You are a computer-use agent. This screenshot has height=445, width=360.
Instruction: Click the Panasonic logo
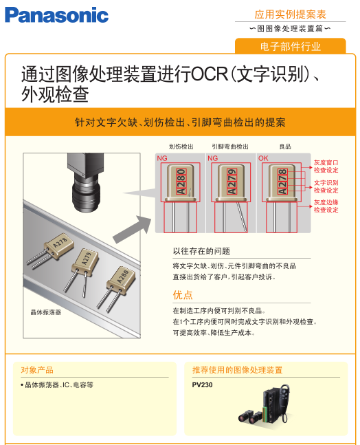pyautogui.click(x=57, y=15)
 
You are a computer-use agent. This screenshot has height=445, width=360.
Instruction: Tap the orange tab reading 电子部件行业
pyautogui.click(x=291, y=46)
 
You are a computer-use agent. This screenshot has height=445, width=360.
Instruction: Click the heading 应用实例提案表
pyautogui.click(x=291, y=14)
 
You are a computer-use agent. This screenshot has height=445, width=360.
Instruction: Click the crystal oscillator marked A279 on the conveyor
pyautogui.click(x=82, y=271)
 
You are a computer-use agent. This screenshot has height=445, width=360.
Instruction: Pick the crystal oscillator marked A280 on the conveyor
pyautogui.click(x=117, y=287)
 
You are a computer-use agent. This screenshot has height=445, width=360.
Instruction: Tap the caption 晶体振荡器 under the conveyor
pyautogui.click(x=46, y=312)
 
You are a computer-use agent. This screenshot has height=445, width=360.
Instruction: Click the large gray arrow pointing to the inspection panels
pyautogui.click(x=133, y=229)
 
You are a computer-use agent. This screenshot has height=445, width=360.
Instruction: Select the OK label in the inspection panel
pyautogui.click(x=263, y=158)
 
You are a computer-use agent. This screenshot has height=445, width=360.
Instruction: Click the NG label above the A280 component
pyautogui.click(x=162, y=158)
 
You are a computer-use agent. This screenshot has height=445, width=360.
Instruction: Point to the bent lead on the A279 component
pyautogui.click(x=242, y=216)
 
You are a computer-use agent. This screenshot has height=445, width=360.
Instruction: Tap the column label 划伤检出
pyautogui.click(x=181, y=146)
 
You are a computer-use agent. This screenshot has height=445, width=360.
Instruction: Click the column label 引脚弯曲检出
pyautogui.click(x=230, y=146)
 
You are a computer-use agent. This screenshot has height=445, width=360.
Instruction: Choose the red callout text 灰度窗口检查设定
pyautogui.click(x=326, y=166)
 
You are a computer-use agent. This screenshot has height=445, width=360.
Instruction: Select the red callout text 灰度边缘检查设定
pyautogui.click(x=326, y=206)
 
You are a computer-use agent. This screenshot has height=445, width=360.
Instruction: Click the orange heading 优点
pyautogui.click(x=183, y=295)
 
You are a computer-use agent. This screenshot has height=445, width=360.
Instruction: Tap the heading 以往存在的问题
pyautogui.click(x=201, y=251)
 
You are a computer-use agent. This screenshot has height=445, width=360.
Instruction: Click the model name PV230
pyautogui.click(x=202, y=385)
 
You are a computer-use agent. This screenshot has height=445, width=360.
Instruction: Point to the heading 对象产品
pyautogui.click(x=37, y=370)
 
